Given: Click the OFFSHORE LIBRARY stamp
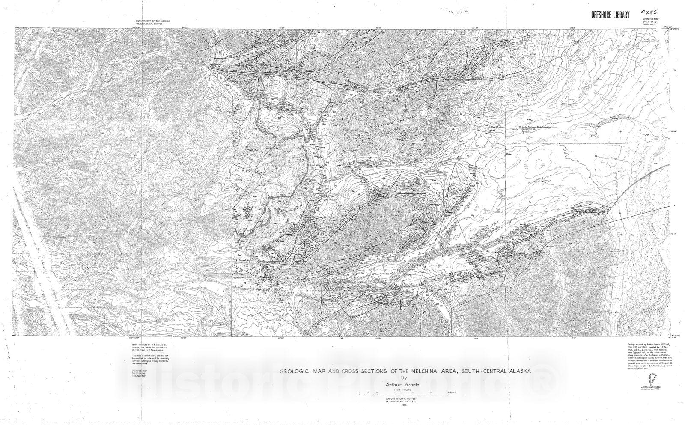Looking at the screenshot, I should (610, 15).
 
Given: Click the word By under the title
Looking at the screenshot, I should (402, 378).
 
